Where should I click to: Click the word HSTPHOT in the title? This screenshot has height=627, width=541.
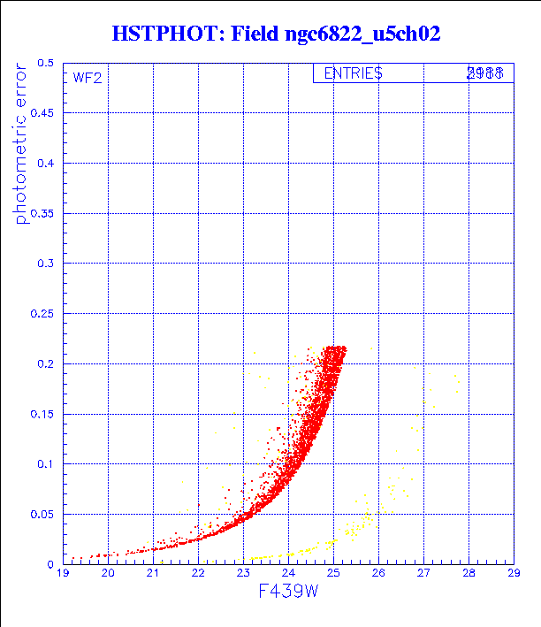[x=165, y=34]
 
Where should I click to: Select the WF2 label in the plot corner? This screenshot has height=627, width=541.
[x=87, y=78]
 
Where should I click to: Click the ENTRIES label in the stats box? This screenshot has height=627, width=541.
[x=353, y=74]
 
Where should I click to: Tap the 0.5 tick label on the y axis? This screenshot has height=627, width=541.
[x=45, y=64]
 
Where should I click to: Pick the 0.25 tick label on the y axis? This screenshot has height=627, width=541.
[x=42, y=314]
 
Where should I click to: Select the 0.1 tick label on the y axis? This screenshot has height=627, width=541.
[x=45, y=463]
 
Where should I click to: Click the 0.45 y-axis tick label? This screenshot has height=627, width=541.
[x=42, y=113]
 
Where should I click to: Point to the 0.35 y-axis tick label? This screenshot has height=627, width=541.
[x=42, y=214]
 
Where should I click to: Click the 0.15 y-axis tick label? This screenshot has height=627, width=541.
[x=42, y=414]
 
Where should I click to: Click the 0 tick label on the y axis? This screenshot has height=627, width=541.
[x=50, y=564]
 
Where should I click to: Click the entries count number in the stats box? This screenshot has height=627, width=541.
[x=485, y=74]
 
